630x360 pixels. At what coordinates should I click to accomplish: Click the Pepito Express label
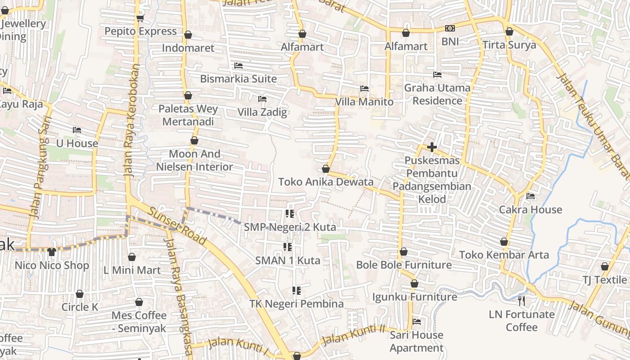[140, 31]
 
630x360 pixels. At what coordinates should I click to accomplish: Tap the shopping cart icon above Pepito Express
[140, 18]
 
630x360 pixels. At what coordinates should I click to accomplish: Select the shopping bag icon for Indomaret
[188, 35]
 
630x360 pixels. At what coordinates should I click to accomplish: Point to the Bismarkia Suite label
[238, 79]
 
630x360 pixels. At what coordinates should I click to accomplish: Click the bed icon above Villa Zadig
[262, 99]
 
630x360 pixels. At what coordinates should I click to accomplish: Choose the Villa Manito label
[364, 102]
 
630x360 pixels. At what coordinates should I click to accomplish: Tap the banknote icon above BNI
[450, 28]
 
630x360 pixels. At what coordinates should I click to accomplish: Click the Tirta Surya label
[509, 45]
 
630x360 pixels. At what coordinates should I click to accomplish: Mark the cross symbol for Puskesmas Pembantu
[432, 147]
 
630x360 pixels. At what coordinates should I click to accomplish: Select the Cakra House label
[531, 209]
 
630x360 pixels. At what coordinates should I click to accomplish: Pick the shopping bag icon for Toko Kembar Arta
[504, 242]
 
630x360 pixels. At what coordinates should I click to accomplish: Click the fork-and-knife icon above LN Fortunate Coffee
[522, 301]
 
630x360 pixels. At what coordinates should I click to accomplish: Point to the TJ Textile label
[605, 279]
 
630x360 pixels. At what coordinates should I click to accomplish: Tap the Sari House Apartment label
[417, 342]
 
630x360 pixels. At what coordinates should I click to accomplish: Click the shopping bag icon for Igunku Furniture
[414, 284]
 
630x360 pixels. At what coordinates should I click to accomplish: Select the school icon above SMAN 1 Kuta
[287, 247]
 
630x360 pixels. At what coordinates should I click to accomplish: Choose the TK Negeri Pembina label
[297, 304]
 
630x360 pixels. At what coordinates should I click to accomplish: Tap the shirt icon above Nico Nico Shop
[52, 252]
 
